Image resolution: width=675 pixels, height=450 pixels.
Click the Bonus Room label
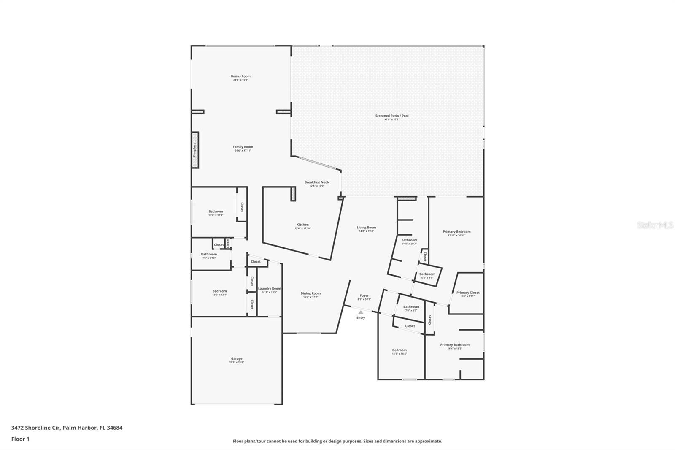[240, 76]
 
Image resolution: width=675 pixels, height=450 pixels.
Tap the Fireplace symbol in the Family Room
[195, 150]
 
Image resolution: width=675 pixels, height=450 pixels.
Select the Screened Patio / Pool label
[392, 116]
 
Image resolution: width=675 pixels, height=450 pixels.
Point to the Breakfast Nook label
[317, 182]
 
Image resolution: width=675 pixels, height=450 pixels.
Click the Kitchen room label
[302, 225]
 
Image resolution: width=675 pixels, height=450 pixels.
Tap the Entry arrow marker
[360, 312]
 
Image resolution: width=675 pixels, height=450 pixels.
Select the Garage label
[236, 359]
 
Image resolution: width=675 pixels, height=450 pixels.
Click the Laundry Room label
[270, 289]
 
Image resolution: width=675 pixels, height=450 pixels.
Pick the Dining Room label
[310, 293]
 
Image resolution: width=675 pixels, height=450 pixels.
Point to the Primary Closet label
[468, 293]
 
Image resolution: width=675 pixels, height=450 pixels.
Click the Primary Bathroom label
[455, 345]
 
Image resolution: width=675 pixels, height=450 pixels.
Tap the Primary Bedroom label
[456, 232]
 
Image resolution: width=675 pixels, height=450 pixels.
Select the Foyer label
[364, 296]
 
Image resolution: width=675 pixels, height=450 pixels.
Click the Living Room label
[366, 228]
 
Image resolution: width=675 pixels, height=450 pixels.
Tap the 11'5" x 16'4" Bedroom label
[399, 350]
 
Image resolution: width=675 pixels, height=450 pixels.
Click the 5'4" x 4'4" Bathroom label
[427, 274]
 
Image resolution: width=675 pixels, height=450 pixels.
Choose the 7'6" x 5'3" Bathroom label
[411, 307]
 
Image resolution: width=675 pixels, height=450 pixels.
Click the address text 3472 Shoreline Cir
[36, 428]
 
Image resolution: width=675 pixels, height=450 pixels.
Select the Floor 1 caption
[20, 439]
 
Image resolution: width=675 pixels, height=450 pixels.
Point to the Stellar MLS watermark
[655, 225]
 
